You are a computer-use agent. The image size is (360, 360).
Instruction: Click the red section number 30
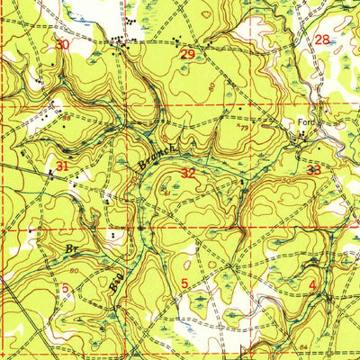coord(62,44)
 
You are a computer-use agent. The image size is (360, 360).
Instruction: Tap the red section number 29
coord(187,55)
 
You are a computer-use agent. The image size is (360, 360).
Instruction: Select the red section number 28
coord(322,39)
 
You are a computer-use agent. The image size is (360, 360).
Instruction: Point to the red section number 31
coord(62,166)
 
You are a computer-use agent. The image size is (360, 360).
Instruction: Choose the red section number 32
coord(188,172)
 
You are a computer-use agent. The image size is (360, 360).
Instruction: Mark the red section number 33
coord(313,169)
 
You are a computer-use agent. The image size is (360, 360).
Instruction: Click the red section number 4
coord(312,285)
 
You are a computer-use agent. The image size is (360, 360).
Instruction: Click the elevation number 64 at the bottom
coord(304,346)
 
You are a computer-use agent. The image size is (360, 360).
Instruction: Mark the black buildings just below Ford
coord(302,137)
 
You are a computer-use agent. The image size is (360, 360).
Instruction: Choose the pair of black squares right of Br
coord(112,237)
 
